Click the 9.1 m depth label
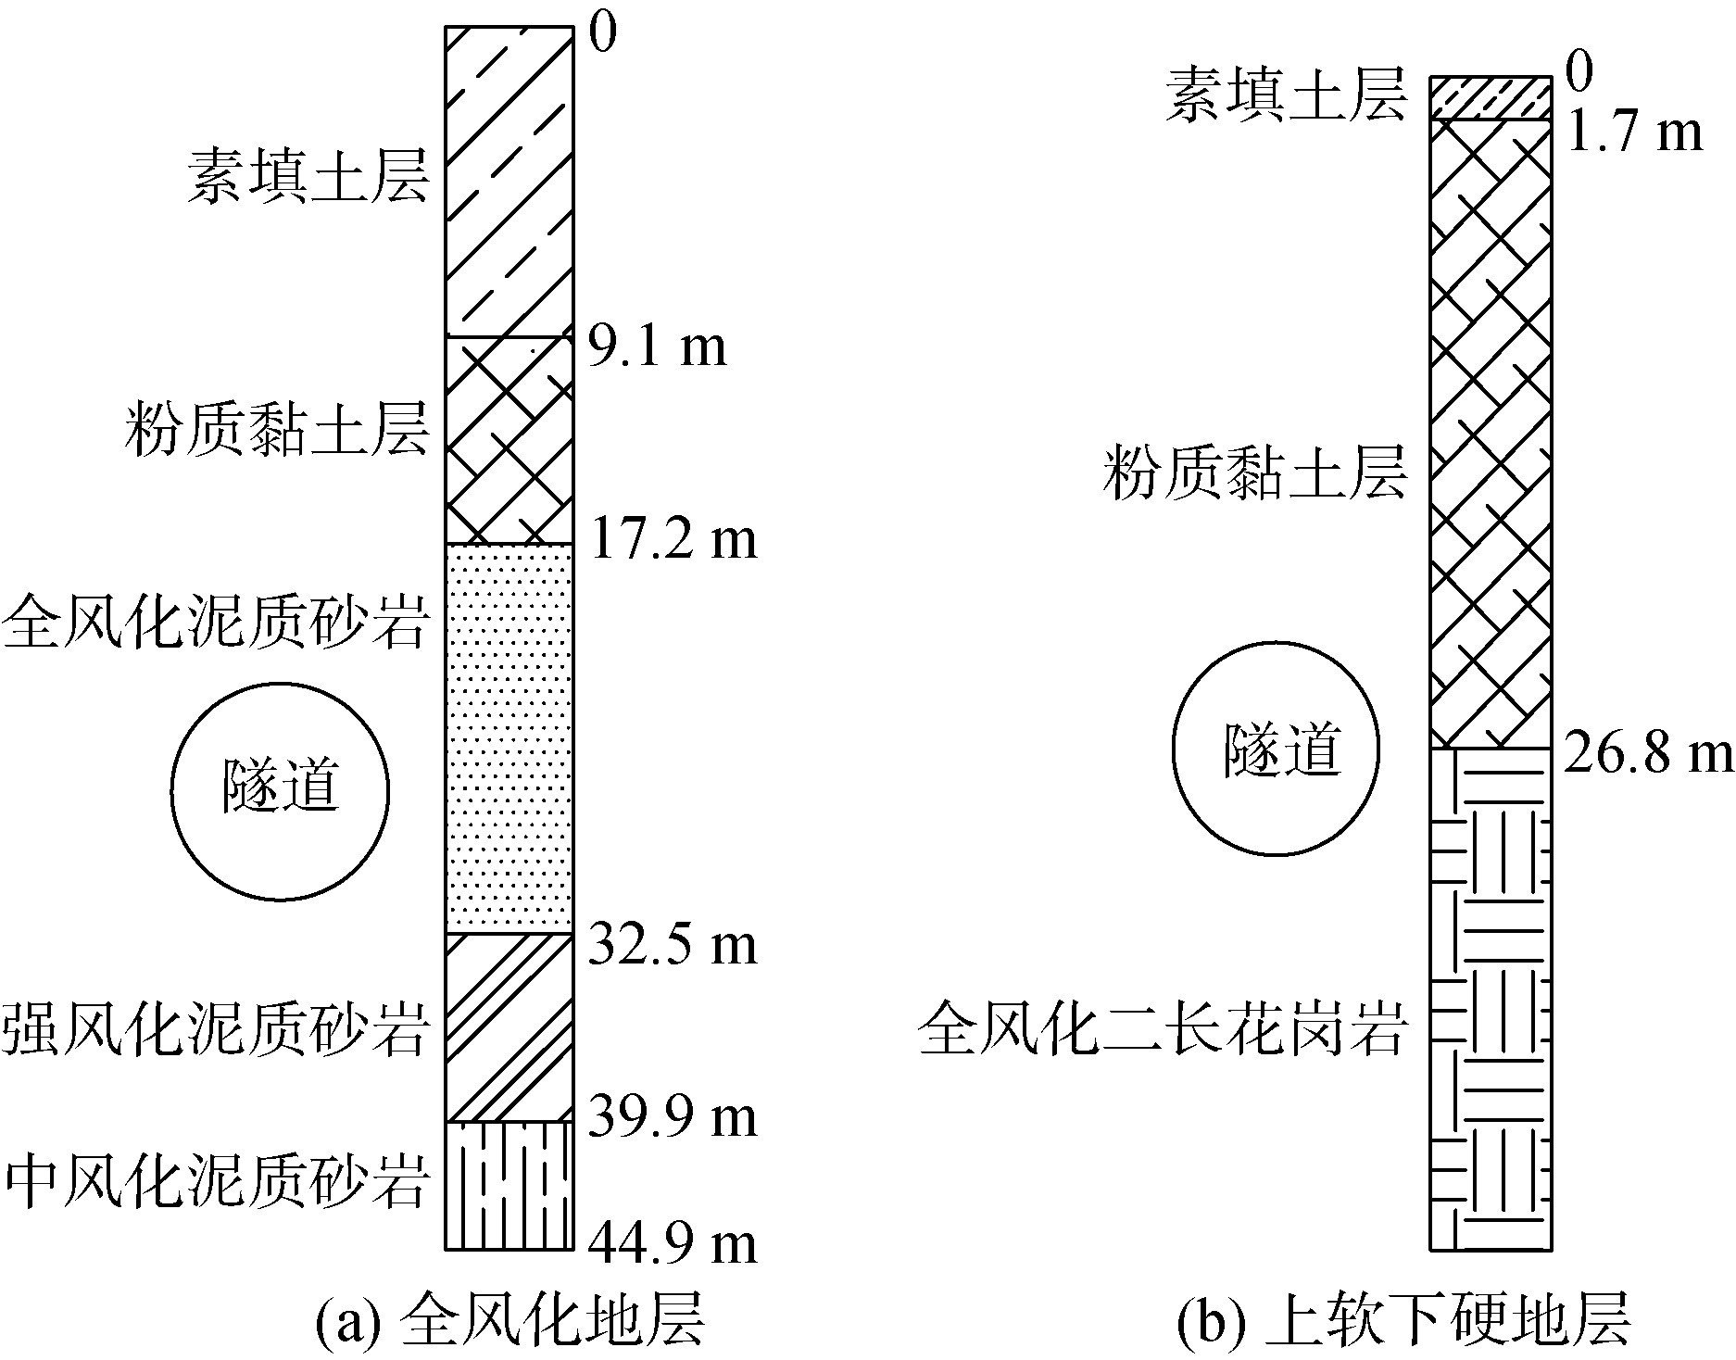click(658, 348)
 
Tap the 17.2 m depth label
click(673, 539)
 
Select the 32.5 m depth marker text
click(673, 946)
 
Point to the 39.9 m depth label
click(673, 1118)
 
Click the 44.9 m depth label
click(673, 1244)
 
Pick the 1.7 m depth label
click(1631, 132)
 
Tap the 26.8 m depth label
click(1647, 754)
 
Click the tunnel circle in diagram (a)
click(280, 791)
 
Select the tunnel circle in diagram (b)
click(1276, 748)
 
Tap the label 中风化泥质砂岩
click(218, 1182)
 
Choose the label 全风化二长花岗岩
click(1164, 1027)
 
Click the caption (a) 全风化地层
click(509, 1319)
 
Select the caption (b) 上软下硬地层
click(1403, 1319)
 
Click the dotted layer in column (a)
click(509, 738)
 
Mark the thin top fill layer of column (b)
click(1490, 98)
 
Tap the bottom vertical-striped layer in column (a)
click(509, 1185)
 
